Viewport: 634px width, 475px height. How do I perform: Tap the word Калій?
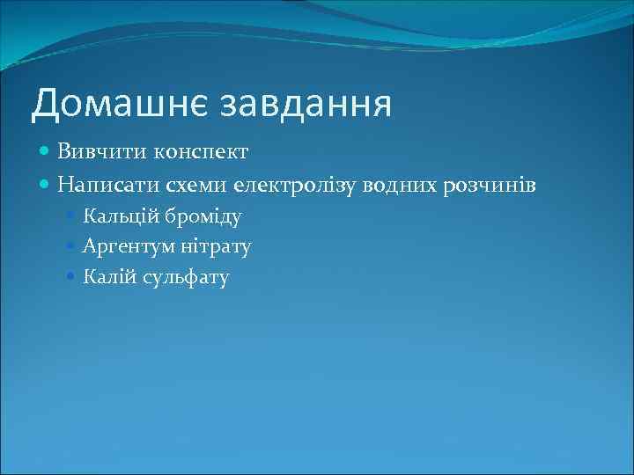[x=106, y=278]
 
